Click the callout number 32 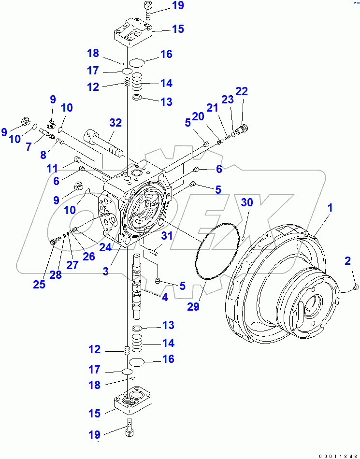115,123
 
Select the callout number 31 167,236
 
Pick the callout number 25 39,284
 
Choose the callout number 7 29,145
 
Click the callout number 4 165,297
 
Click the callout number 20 198,116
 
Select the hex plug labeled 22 243,129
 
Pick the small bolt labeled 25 54,240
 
